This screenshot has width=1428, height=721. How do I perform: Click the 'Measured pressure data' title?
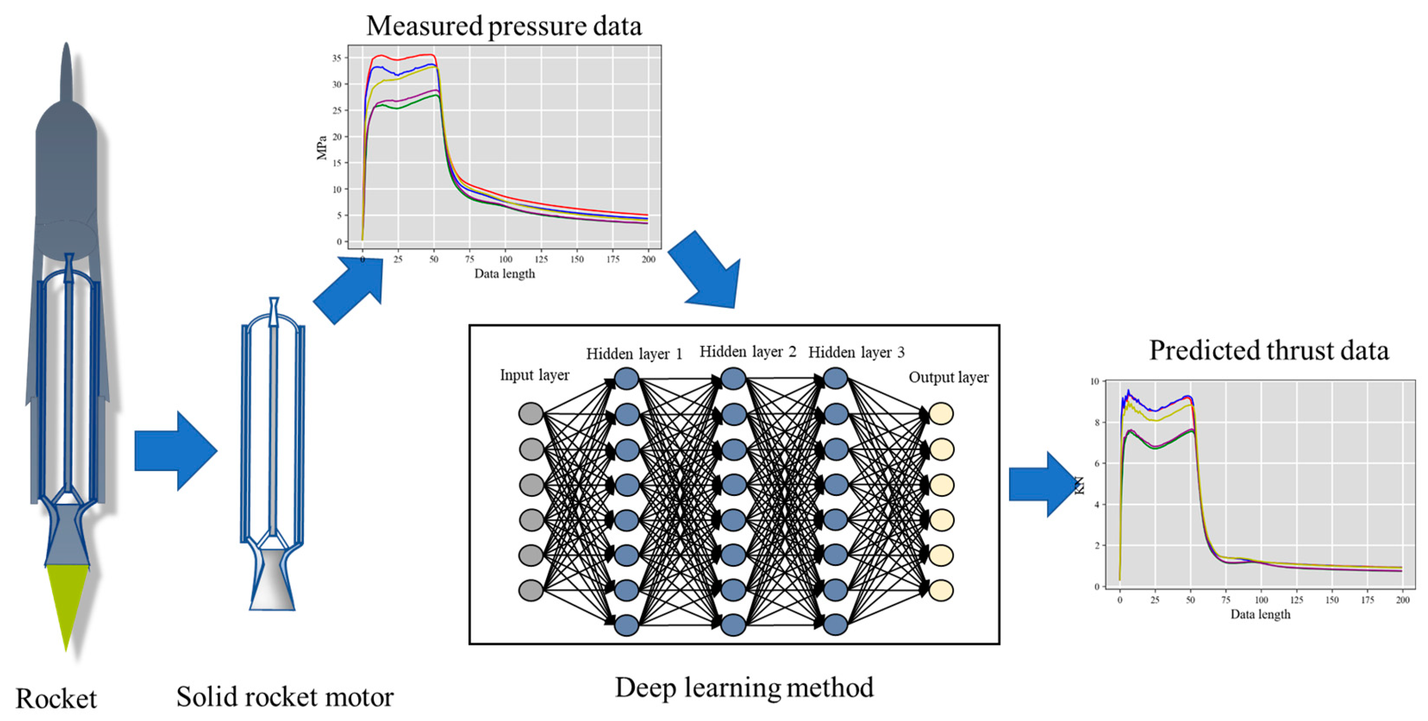point(503,26)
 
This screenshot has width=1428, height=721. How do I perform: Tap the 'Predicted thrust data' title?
point(1269,350)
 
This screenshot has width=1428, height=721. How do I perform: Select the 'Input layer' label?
point(534,375)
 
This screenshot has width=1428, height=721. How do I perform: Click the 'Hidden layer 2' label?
point(747,352)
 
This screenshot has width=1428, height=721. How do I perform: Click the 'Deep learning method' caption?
point(744,687)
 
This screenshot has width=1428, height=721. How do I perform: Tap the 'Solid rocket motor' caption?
point(285,696)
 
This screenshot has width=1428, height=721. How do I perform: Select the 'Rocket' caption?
point(56,698)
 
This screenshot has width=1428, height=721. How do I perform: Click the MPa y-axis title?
point(322,147)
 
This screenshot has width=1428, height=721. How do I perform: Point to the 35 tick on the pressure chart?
point(337,58)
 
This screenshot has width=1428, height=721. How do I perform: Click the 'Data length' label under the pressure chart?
point(504,274)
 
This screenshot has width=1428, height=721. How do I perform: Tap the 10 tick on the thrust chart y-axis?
point(1094,381)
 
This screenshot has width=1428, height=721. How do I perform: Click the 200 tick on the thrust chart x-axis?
point(1403,599)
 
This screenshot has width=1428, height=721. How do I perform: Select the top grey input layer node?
point(531,413)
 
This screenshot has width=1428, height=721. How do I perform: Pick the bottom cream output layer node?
point(941,590)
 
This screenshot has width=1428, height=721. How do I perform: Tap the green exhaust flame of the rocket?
point(66,599)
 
